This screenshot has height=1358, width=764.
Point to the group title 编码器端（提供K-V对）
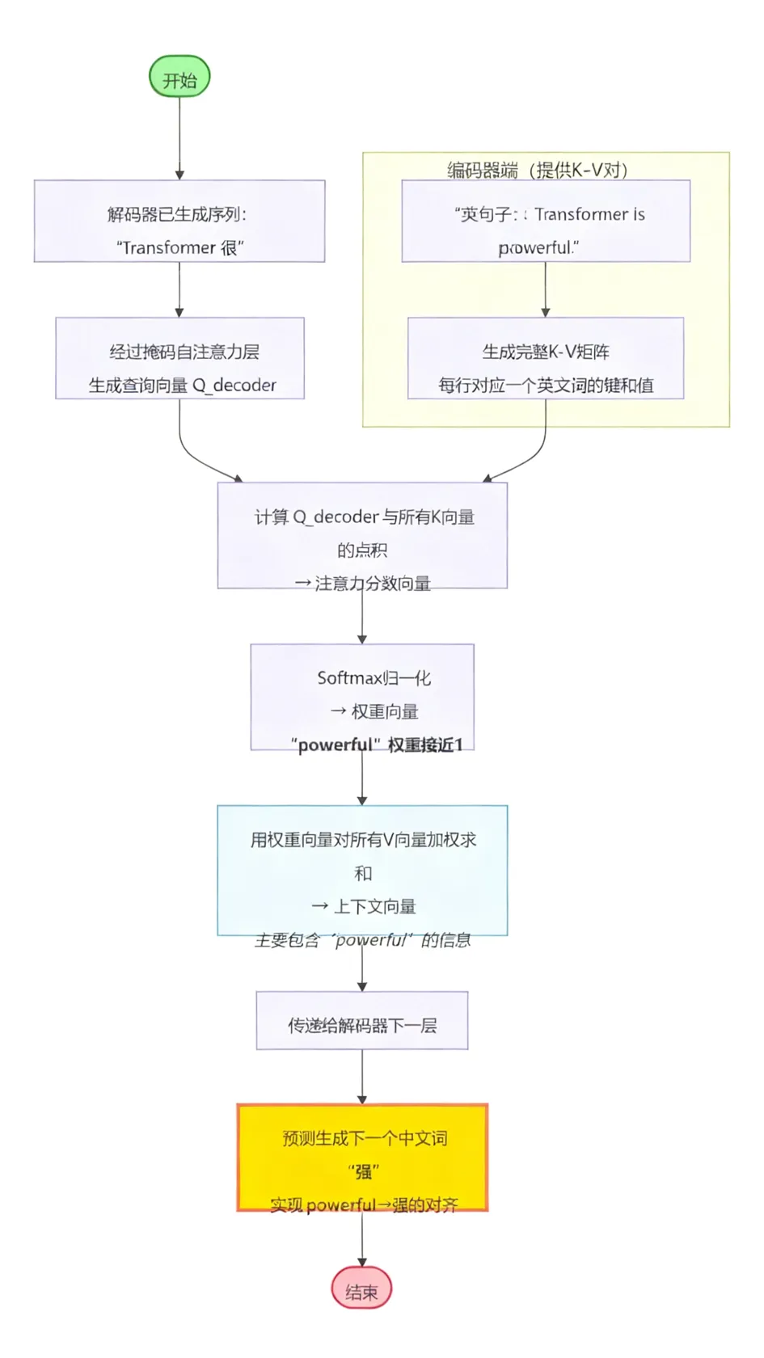click(x=538, y=170)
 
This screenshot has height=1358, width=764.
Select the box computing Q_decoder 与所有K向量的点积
click(x=362, y=533)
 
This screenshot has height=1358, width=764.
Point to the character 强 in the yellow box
click(x=364, y=1171)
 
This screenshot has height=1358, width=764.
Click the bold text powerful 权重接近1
click(x=377, y=744)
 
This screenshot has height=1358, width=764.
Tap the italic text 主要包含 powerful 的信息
click(x=362, y=940)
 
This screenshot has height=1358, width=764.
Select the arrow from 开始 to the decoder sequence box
click(x=179, y=137)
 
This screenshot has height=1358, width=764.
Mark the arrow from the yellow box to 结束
click(x=361, y=1238)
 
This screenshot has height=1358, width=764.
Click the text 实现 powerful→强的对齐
click(x=364, y=1204)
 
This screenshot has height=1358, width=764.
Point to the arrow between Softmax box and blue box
click(x=361, y=778)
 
